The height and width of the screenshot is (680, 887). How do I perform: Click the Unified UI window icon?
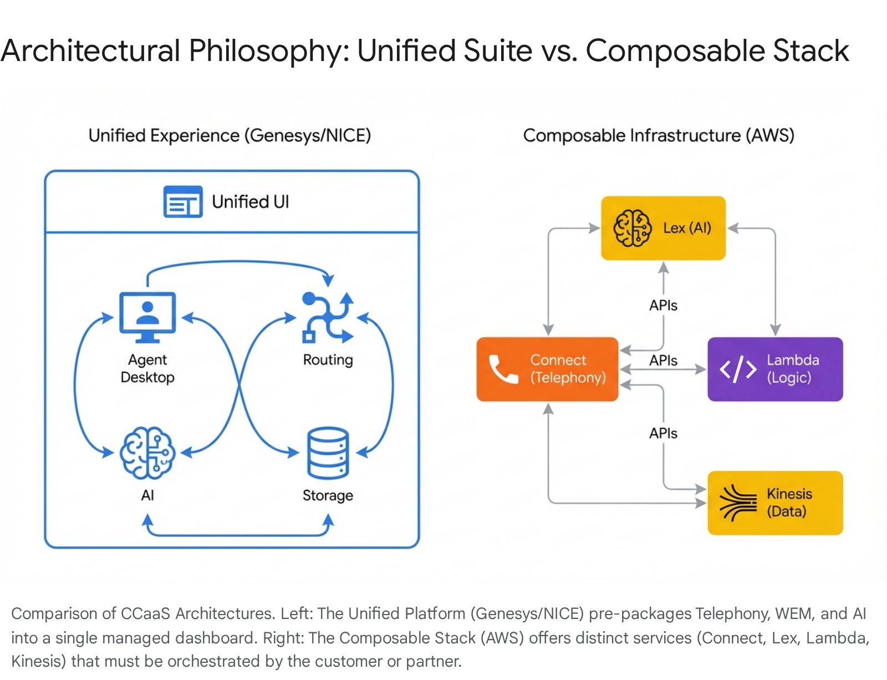pos(182,202)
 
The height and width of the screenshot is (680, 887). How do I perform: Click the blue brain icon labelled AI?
pos(147,453)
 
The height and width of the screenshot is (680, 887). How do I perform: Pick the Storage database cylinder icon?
pos(328,453)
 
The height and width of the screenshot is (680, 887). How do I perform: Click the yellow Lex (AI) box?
pos(663,228)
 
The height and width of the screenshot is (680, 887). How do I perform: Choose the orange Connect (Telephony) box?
pos(547,369)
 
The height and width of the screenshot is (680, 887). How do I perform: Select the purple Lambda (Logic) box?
pos(775,369)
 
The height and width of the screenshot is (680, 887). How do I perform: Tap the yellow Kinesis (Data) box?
pos(775,503)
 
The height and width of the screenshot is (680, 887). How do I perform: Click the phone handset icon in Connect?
pos(503,369)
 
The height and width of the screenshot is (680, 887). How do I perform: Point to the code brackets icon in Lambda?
pos(737,369)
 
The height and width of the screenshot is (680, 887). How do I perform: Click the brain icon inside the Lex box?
pos(632,228)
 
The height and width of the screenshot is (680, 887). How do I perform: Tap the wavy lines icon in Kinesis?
pos(737,503)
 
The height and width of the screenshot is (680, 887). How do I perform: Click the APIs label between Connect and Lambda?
pos(663,361)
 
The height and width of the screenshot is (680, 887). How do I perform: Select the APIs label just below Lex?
pos(663,306)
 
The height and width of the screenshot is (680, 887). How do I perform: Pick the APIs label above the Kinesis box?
pos(663,433)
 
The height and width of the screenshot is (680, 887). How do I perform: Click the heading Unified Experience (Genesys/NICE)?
pos(230,135)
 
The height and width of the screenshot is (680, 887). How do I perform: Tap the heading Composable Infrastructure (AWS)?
pos(659,135)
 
